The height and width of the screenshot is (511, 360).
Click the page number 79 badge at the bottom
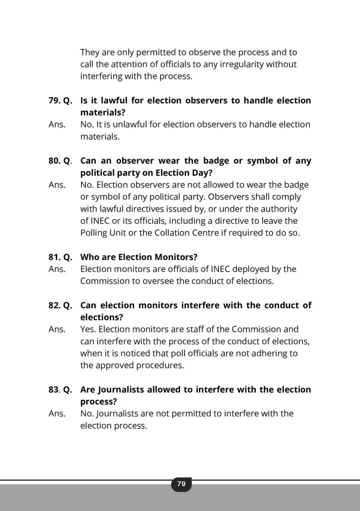(181, 484)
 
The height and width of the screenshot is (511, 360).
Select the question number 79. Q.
(60, 101)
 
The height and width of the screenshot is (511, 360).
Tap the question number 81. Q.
(60, 257)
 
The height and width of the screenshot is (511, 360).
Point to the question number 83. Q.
(60, 389)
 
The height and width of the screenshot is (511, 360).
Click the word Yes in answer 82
(88, 329)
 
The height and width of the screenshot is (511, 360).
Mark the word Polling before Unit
(95, 233)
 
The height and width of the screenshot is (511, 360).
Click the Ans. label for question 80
(57, 185)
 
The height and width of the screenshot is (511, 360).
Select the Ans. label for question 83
(57, 413)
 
